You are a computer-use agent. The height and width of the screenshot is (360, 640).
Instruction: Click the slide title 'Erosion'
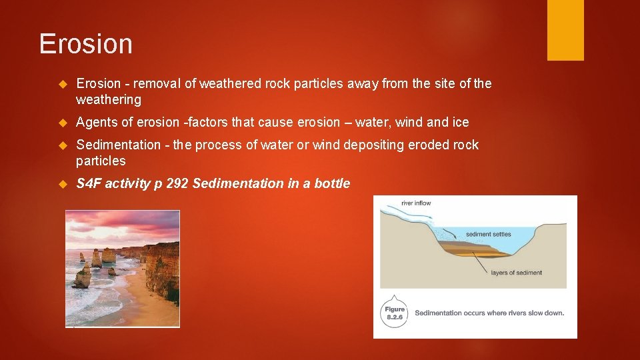(86, 44)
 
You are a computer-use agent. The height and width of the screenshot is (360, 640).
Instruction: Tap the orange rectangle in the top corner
(565, 30)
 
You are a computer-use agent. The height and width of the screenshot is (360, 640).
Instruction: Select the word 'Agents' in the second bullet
(96, 123)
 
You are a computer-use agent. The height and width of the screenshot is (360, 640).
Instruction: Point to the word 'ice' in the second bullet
(461, 123)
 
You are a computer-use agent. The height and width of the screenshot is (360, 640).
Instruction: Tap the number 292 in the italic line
(177, 184)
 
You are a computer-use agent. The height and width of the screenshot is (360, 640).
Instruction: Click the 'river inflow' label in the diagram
(416, 203)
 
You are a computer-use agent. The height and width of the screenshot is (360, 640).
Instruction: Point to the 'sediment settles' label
(489, 234)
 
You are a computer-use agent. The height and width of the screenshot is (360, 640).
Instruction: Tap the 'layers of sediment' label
(516, 273)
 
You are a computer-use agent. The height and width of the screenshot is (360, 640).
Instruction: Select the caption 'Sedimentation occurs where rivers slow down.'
(489, 313)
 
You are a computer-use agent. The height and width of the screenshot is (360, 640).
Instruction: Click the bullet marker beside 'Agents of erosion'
(64, 123)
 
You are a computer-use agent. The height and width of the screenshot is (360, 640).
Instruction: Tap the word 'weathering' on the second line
(109, 100)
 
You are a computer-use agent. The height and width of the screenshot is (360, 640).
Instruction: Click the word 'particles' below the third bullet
(101, 161)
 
